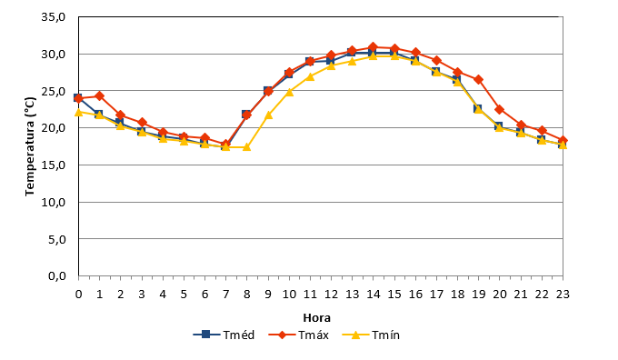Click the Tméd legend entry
point(224,335)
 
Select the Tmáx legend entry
point(299,335)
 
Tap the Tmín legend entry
point(371,335)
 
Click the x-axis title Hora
point(316,318)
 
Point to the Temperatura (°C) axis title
point(30,146)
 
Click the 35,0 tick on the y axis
point(54,17)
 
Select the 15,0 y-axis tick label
point(54,165)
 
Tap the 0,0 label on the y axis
point(56,276)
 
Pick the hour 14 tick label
point(374,295)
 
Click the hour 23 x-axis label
point(563,295)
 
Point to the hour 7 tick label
point(225,295)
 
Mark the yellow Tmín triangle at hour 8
point(246,147)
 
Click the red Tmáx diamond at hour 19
point(478,80)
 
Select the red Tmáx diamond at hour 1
point(99,95)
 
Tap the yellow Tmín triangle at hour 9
point(268,115)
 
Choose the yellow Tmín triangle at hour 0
point(78,113)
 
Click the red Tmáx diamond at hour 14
point(374,47)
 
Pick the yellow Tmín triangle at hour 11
point(310,76)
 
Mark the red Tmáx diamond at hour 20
point(499,109)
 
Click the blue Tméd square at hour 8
point(246,115)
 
